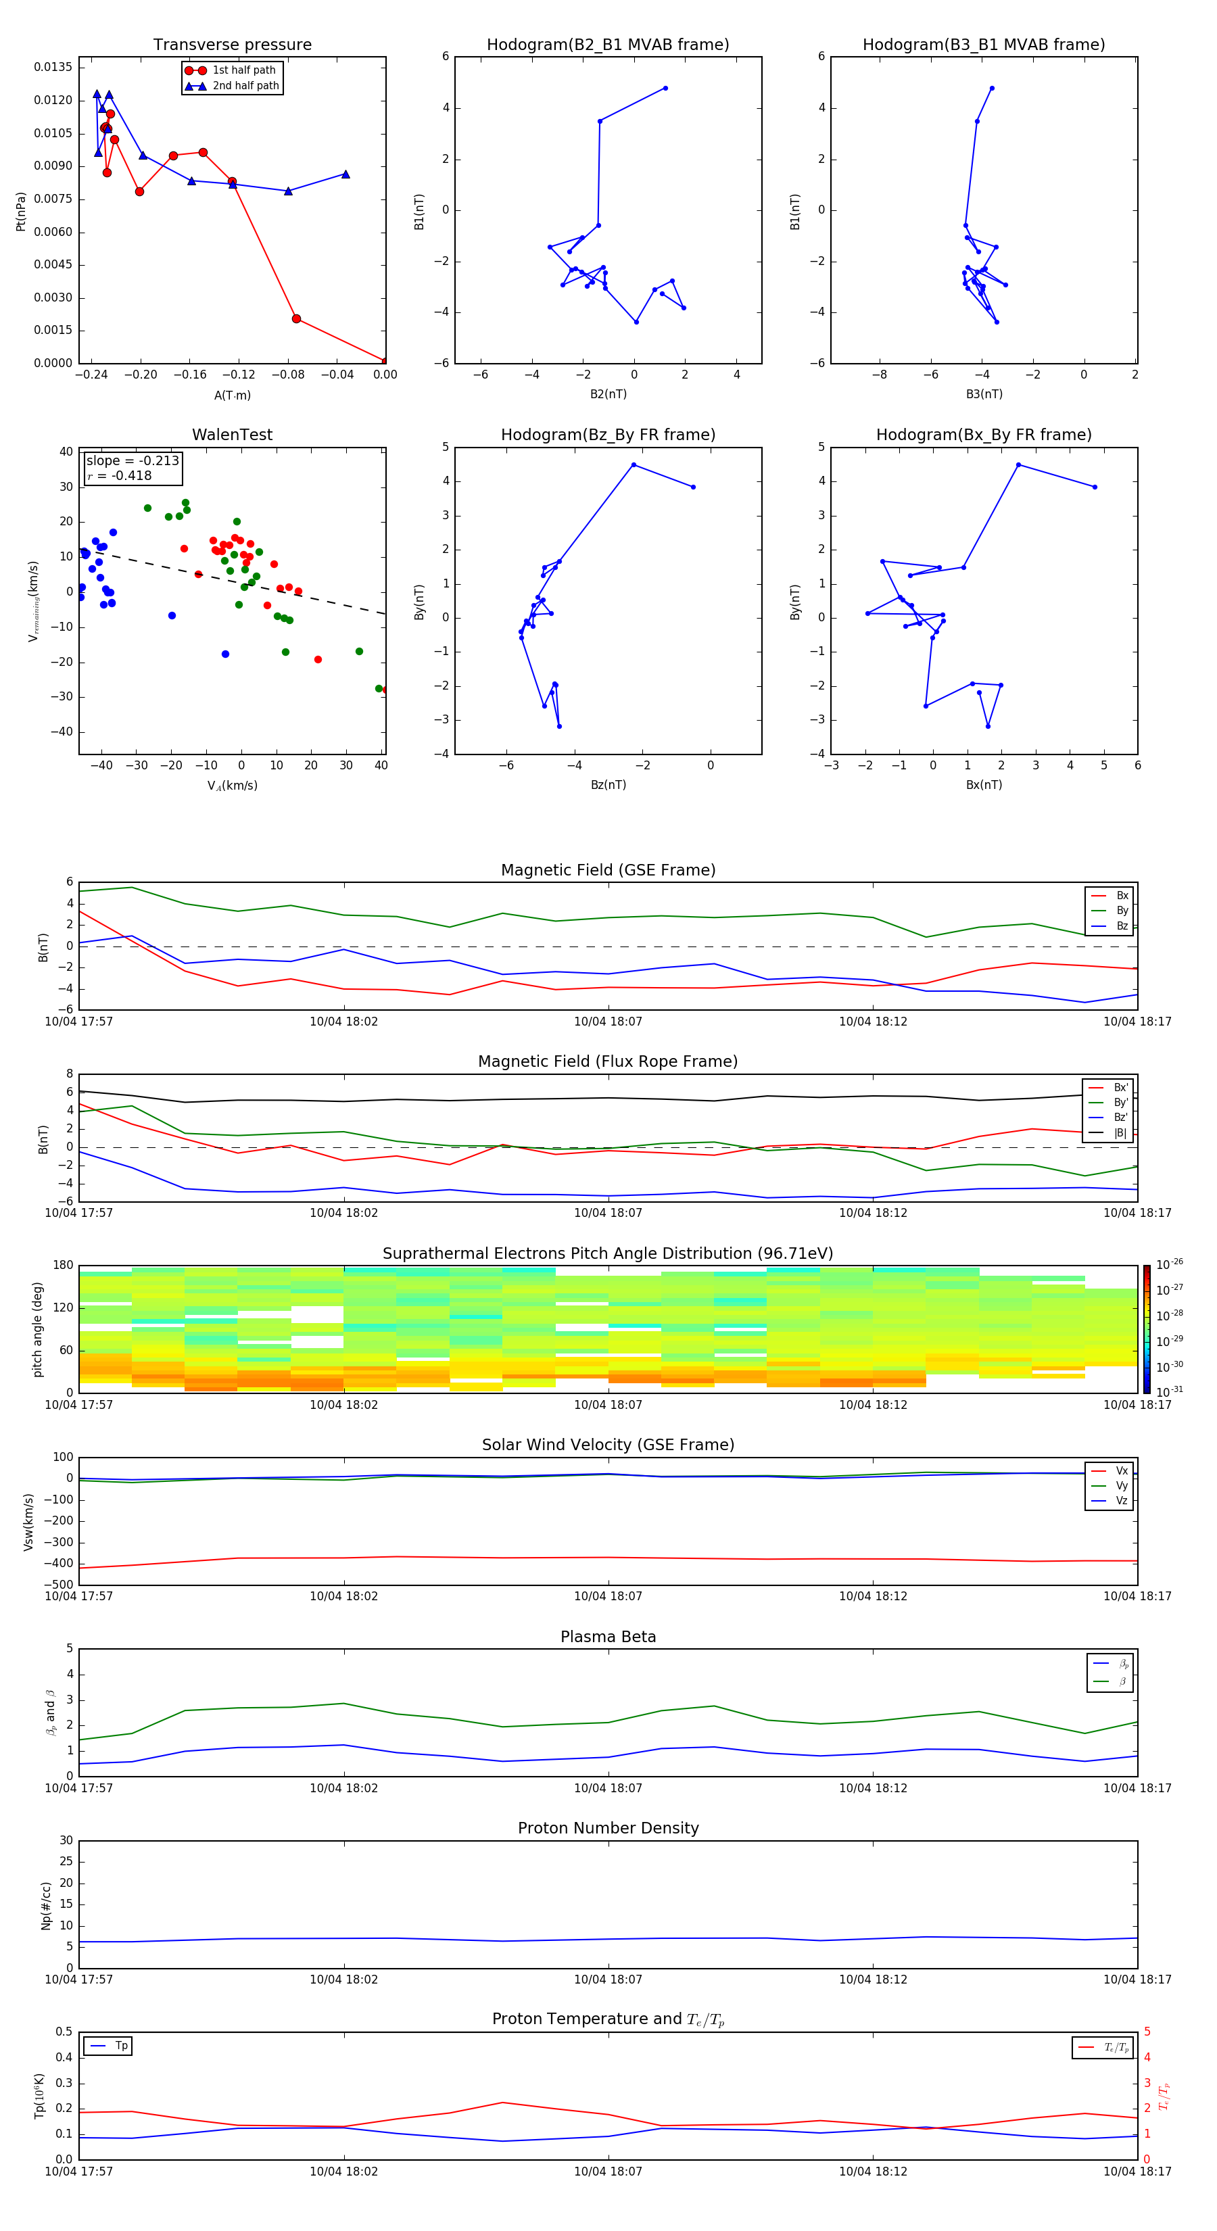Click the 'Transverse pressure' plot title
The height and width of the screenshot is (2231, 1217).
point(232,45)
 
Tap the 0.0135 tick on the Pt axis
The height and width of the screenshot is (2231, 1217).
point(53,68)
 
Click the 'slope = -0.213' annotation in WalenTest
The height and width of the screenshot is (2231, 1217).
point(133,461)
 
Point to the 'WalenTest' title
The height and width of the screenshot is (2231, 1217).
point(232,435)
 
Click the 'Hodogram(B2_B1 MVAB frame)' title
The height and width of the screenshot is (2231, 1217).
point(607,45)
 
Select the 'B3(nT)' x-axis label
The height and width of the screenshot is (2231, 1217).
point(984,394)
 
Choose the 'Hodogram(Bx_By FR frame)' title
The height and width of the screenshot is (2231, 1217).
point(983,435)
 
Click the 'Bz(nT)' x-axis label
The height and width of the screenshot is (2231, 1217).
point(608,785)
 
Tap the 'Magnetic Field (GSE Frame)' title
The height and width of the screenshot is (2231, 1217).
point(608,870)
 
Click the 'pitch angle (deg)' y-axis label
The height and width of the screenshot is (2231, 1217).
point(38,1329)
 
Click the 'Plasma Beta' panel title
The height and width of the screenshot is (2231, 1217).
point(608,1637)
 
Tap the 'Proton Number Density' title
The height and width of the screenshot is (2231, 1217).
point(608,1828)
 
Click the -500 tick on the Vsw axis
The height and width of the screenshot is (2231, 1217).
point(59,1585)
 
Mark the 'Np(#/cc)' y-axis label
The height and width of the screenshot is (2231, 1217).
point(46,1905)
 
